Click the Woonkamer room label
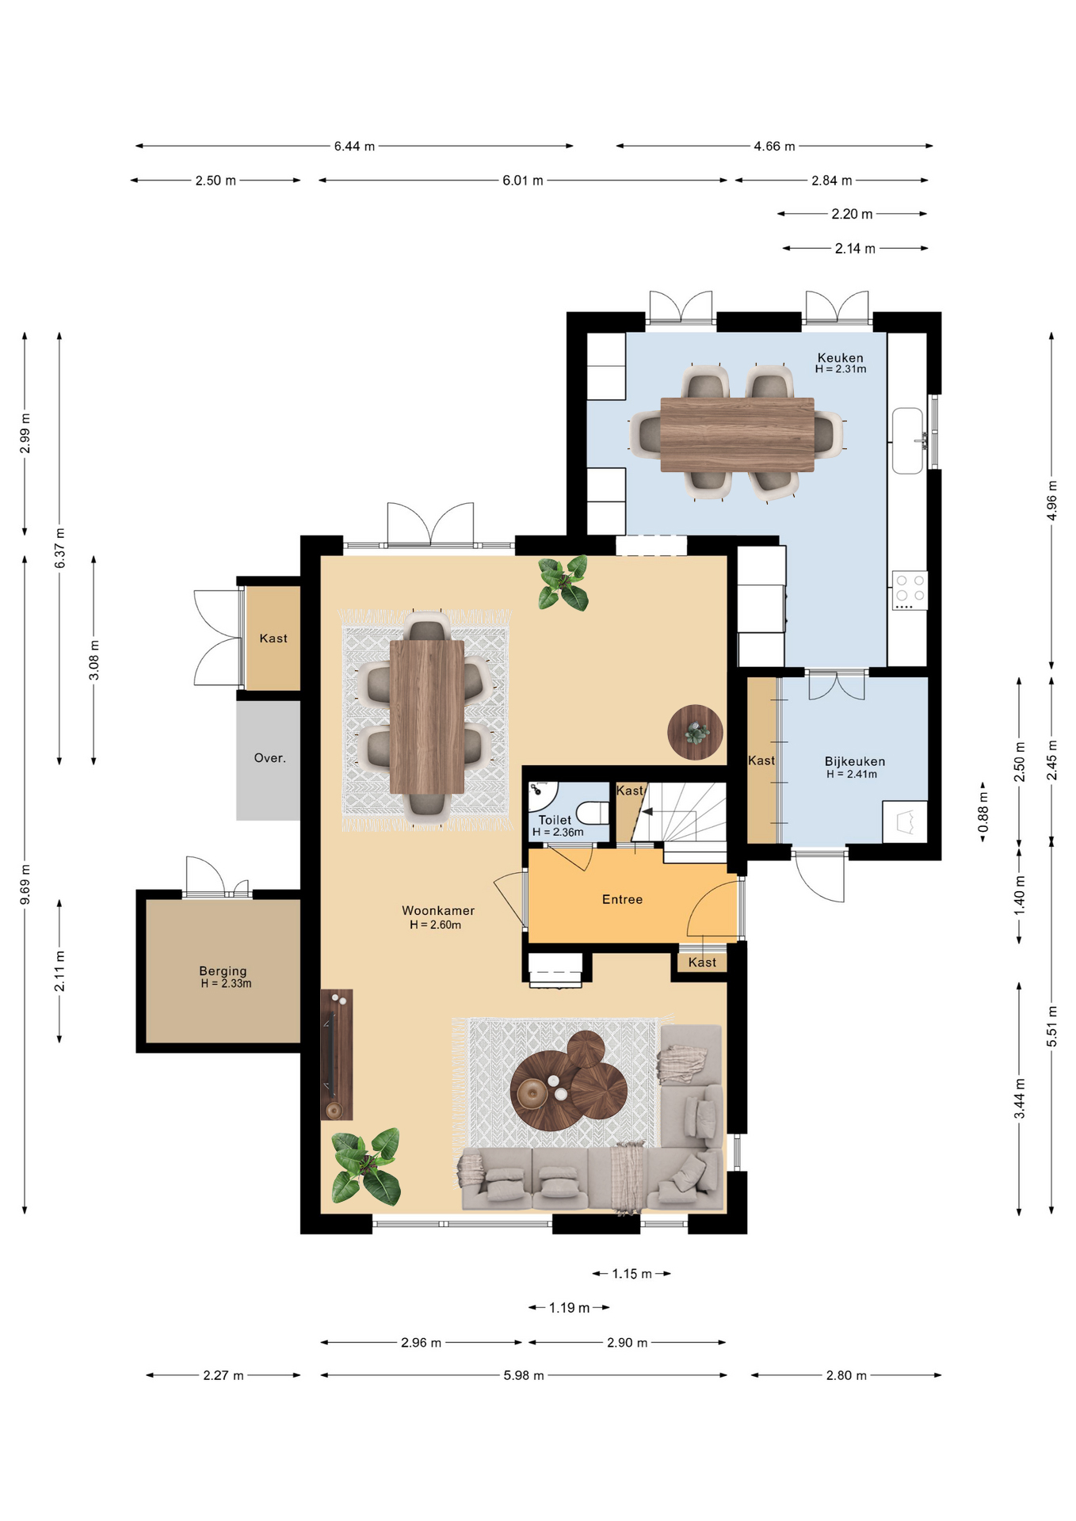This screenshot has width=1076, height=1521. pyautogui.click(x=438, y=911)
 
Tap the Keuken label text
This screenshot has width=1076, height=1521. pyautogui.click(x=841, y=358)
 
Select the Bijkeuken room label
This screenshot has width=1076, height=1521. pyautogui.click(x=855, y=761)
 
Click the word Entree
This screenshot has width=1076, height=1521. pyautogui.click(x=623, y=899)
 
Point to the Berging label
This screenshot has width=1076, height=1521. pyautogui.click(x=223, y=970)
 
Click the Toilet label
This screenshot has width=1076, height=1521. pyautogui.click(x=555, y=820)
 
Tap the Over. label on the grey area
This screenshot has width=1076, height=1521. pyautogui.click(x=270, y=758)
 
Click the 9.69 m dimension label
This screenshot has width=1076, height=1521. pyautogui.click(x=25, y=885)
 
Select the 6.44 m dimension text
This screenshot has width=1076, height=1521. pyautogui.click(x=354, y=147)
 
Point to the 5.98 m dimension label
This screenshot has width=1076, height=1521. pyautogui.click(x=524, y=1375)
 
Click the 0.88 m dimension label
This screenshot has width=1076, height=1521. pyautogui.click(x=983, y=812)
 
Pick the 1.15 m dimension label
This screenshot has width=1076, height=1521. pyautogui.click(x=632, y=1274)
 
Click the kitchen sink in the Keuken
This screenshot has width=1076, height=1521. pyautogui.click(x=908, y=440)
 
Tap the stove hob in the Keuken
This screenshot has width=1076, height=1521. pyautogui.click(x=910, y=590)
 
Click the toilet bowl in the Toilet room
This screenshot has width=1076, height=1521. pyautogui.click(x=592, y=813)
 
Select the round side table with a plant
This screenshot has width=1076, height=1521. pyautogui.click(x=695, y=733)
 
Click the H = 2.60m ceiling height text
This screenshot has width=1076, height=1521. pyautogui.click(x=435, y=924)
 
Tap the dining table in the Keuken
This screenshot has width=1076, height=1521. pyautogui.click(x=737, y=434)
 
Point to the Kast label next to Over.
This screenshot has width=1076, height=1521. pyautogui.click(x=273, y=639)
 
